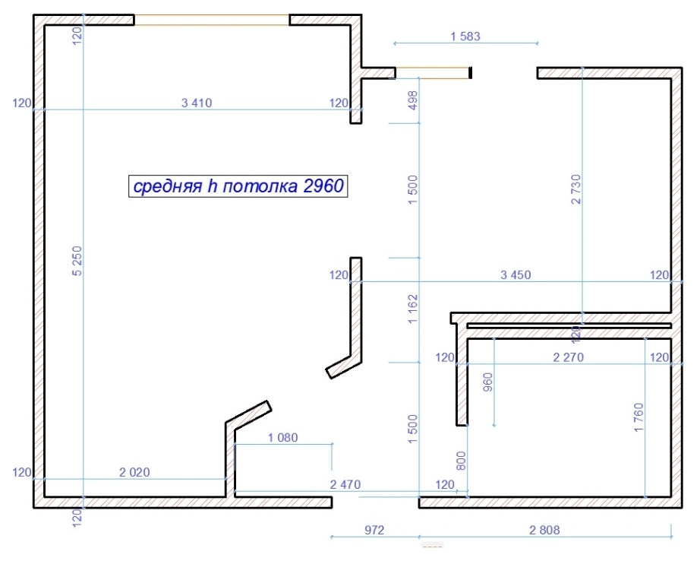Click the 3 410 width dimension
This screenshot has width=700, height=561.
197,103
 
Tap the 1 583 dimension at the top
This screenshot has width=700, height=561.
465,36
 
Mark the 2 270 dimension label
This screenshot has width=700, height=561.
567,357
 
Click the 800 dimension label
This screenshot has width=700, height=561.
461,461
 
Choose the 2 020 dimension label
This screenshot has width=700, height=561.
135,472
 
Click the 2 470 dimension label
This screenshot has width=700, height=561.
344,484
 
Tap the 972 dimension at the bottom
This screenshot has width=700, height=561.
374,530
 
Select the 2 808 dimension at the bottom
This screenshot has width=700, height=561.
544,530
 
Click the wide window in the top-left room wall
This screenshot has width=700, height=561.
212,19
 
